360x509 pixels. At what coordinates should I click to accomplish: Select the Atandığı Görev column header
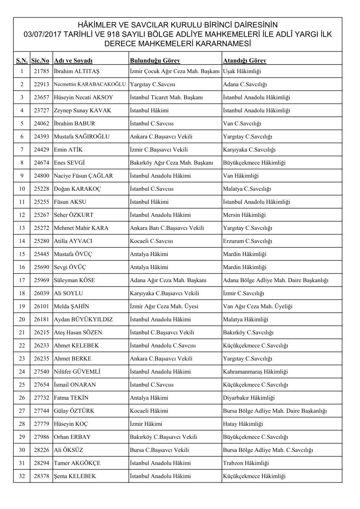point(244,61)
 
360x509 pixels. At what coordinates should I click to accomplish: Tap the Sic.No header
point(40,61)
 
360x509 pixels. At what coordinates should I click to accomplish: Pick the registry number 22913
point(40,84)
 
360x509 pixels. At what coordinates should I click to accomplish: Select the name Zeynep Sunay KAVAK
point(82,110)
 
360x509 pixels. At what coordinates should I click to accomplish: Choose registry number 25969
point(40,280)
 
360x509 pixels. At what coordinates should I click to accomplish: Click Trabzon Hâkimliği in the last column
point(246,463)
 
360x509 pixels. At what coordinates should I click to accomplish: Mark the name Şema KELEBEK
point(74,476)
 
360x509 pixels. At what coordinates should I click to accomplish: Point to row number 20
point(22,319)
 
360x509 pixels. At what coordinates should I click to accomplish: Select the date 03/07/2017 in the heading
point(44,34)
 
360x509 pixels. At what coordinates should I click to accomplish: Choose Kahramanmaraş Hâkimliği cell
point(255,371)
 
